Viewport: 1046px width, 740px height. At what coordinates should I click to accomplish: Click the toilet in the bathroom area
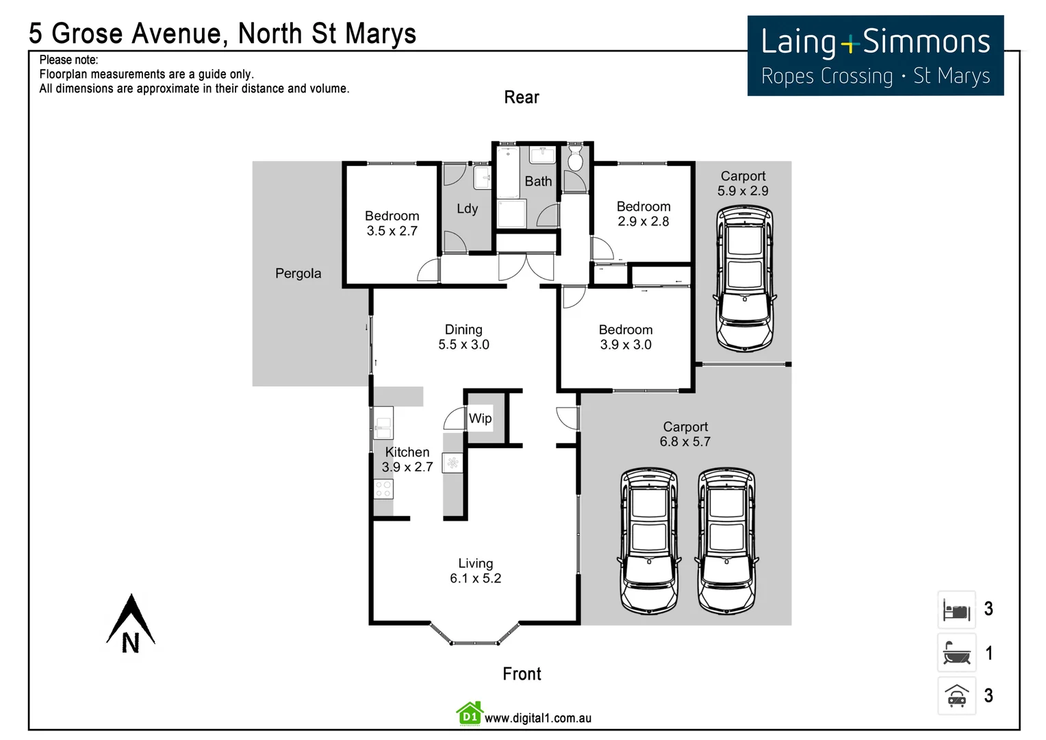(x=575, y=159)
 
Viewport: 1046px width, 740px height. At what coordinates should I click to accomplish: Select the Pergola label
(x=298, y=273)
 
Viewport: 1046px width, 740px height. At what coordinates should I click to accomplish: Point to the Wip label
(x=480, y=418)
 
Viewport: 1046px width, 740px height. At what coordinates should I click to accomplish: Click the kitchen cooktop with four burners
(x=383, y=489)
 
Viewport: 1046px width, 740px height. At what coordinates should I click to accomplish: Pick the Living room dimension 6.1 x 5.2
(x=475, y=578)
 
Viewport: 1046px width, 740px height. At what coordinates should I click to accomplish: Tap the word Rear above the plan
(x=522, y=97)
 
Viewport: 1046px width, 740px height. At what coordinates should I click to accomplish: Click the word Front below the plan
(x=522, y=674)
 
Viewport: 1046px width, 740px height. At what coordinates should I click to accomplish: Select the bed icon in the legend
(x=956, y=609)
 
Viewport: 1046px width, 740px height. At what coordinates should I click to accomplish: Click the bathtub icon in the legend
(x=956, y=653)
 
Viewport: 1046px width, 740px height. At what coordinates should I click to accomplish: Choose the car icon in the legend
(x=956, y=696)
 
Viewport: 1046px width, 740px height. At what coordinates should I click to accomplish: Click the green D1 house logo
(x=470, y=714)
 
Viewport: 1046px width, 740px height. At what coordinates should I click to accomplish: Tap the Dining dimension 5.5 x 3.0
(x=463, y=345)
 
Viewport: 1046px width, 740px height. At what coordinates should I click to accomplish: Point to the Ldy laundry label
(x=467, y=209)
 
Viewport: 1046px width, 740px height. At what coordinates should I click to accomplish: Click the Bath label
(x=538, y=182)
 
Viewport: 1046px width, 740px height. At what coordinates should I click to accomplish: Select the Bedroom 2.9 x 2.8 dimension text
(x=643, y=221)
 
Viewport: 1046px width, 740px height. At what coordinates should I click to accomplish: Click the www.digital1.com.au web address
(x=538, y=718)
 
